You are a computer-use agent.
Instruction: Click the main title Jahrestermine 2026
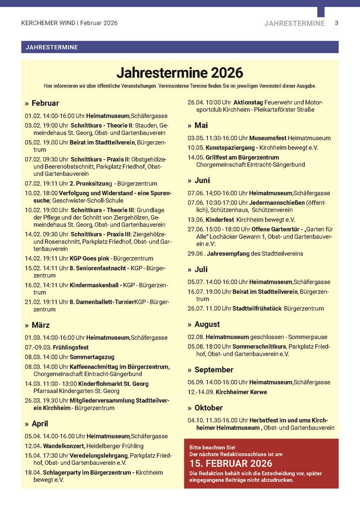[x=180, y=73]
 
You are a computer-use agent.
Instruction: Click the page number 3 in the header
[x=337, y=23]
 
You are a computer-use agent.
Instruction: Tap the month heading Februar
[x=45, y=103]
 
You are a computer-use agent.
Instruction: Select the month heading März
[x=40, y=325]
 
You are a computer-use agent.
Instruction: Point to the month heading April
[x=40, y=424]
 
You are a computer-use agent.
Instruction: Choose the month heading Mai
[x=201, y=125]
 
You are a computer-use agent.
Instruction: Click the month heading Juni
[x=202, y=180]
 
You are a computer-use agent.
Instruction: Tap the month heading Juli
[x=201, y=269]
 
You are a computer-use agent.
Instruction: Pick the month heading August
[x=207, y=324]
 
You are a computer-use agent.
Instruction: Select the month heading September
[x=214, y=370]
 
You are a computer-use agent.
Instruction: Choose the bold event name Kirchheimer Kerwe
[x=241, y=392]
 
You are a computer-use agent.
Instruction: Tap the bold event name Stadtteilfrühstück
[x=257, y=308]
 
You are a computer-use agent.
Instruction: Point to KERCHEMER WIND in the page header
[x=48, y=23]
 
